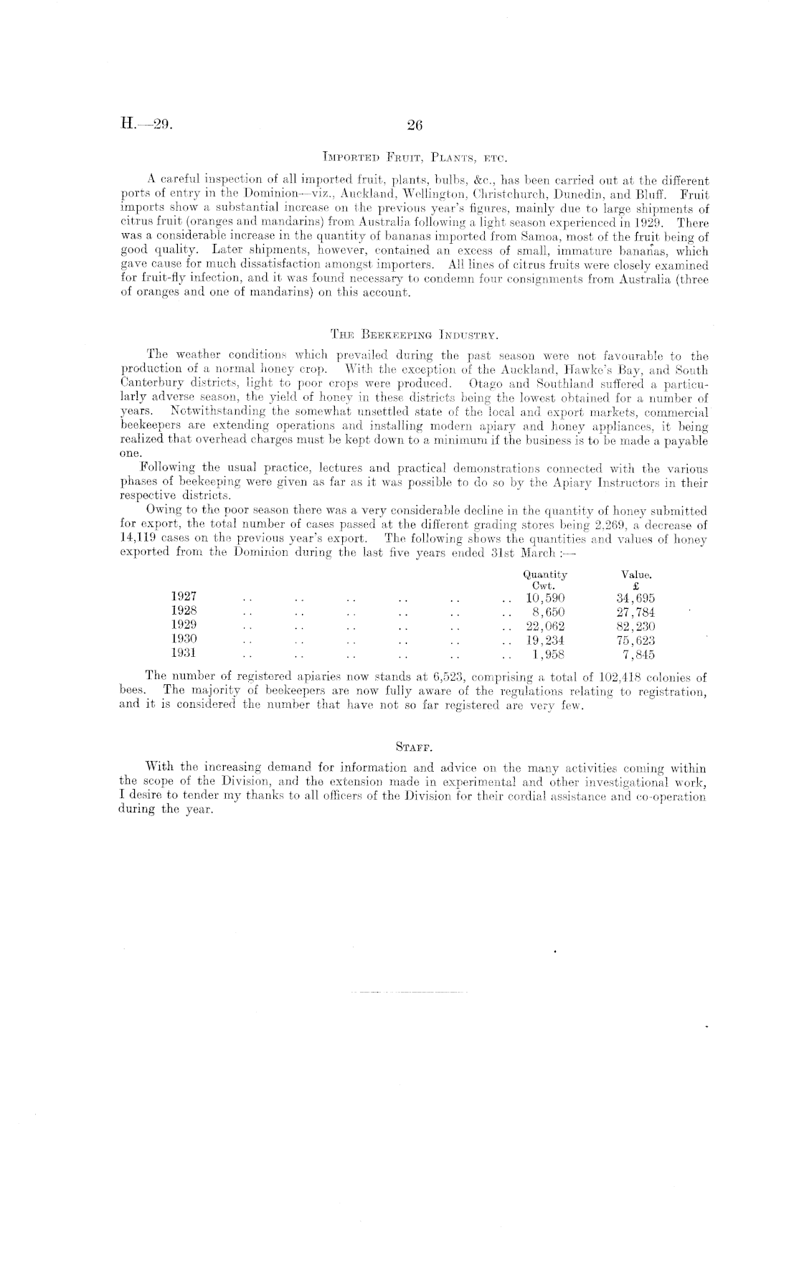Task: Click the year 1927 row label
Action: click(x=184, y=597)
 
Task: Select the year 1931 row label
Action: click(x=184, y=653)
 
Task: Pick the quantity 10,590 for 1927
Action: click(x=545, y=597)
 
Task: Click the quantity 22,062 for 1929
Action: click(x=545, y=625)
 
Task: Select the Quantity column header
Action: click(x=545, y=574)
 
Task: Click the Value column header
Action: click(x=636, y=574)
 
